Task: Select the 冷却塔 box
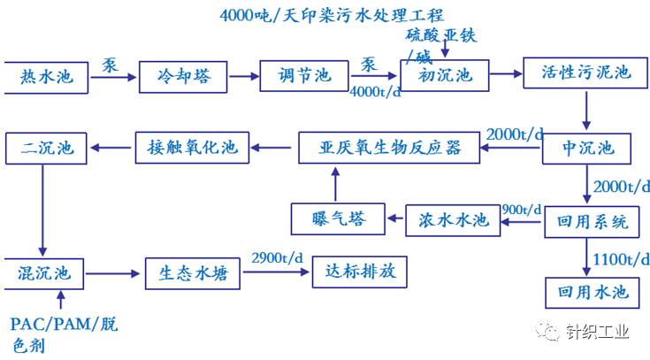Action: point(178,78)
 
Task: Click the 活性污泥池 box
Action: point(585,73)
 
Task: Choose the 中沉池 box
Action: point(585,148)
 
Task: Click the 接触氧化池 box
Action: point(193,147)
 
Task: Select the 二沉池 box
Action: point(47,147)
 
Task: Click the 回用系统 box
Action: point(592,221)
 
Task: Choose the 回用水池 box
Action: point(592,291)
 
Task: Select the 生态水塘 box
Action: point(193,273)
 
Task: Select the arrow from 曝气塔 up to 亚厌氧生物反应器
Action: point(334,185)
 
